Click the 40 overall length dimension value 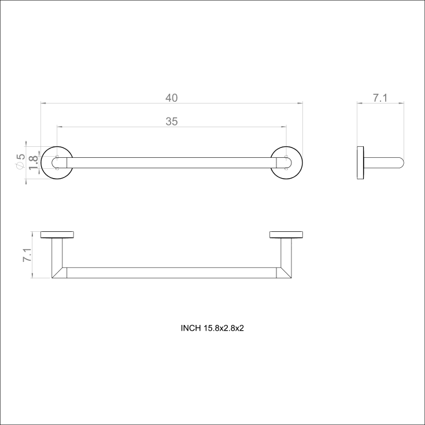[x=172, y=98]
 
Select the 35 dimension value [x=172, y=121]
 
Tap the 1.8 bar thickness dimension [x=34, y=162]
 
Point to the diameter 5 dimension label [x=20, y=161]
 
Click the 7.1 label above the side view [x=380, y=98]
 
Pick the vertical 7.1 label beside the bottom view [x=27, y=255]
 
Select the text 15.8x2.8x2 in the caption [x=224, y=328]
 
